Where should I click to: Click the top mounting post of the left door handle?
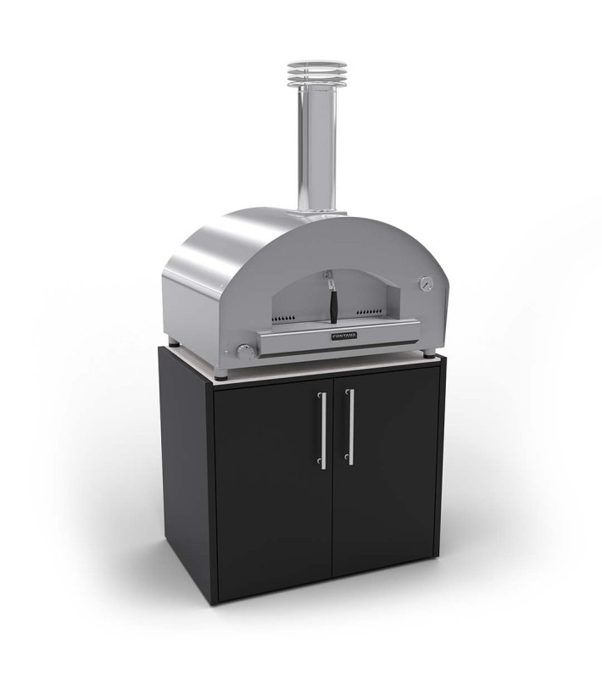[x=322, y=397]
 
